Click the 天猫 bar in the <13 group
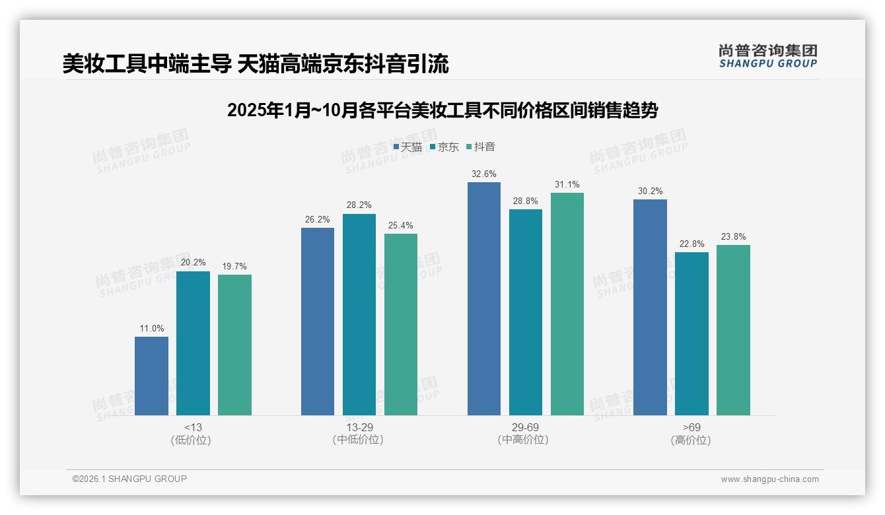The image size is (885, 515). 151,376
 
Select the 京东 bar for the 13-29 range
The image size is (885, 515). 359,314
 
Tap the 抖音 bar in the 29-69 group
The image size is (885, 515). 567,304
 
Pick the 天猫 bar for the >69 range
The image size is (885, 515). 650,307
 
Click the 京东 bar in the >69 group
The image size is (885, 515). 691,333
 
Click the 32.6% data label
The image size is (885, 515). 483,174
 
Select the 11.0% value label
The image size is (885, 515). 151,328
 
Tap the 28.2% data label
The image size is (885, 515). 359,205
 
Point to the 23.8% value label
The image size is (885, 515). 733,236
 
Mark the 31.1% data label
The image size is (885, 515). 567,185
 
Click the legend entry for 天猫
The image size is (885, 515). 407,147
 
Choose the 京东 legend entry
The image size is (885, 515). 444,147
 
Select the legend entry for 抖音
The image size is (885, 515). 481,147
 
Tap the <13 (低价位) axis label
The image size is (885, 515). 193,433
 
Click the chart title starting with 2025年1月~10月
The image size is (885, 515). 442,110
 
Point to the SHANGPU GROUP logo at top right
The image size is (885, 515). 767,56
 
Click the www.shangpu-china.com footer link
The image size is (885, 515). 769,479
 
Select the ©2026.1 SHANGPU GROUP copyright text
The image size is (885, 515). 129,479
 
